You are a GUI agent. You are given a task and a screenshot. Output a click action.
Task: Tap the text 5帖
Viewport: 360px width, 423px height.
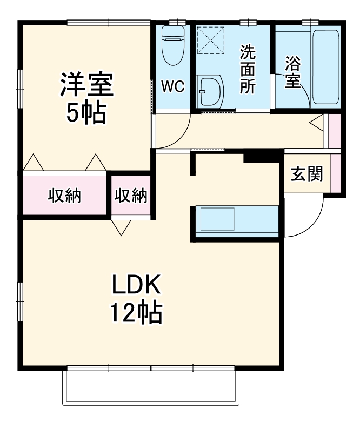coord(86,113)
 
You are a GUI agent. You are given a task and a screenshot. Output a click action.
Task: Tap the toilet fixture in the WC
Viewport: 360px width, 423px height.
coord(174,46)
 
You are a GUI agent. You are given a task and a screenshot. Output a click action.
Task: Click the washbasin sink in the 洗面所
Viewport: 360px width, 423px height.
coord(209,91)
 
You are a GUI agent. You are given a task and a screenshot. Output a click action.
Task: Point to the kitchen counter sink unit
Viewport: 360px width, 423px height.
coord(235,222)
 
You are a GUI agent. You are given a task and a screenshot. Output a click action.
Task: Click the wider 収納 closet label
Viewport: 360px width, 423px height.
coord(65,196)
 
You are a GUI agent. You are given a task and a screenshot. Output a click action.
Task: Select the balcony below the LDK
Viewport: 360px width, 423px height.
coord(151,388)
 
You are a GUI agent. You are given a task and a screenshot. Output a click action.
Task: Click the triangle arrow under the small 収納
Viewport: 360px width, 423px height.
coord(121,227)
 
